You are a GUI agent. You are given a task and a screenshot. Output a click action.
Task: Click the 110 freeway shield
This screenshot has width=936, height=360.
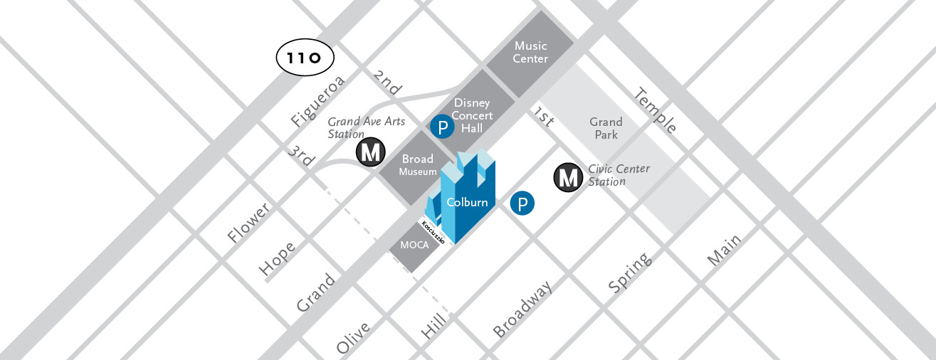tap(305, 58)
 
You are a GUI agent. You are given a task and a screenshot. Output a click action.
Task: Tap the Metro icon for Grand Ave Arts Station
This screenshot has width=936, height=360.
tap(370, 152)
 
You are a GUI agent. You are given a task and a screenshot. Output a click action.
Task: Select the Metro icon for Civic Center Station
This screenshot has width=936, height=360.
tap(568, 177)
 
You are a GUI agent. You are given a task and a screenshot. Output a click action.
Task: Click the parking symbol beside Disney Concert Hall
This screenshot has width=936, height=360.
tap(443, 128)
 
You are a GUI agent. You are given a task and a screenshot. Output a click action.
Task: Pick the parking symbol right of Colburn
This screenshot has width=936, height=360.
tap(522, 204)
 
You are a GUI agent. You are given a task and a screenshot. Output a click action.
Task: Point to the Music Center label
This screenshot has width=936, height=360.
tap(530, 52)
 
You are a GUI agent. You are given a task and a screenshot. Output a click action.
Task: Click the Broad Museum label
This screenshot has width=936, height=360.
tap(418, 165)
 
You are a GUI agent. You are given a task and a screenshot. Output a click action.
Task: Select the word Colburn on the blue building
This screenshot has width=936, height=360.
tap(467, 202)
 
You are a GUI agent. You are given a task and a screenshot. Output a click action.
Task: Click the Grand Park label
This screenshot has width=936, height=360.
tap(606, 128)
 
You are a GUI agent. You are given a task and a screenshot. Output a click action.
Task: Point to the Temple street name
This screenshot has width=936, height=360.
tap(656, 110)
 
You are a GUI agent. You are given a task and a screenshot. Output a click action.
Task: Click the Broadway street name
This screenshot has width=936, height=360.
tap(522, 310)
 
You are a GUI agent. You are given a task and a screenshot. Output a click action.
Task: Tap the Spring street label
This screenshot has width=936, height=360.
tap(629, 273)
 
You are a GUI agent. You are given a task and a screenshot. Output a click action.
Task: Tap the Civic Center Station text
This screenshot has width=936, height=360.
tap(618, 175)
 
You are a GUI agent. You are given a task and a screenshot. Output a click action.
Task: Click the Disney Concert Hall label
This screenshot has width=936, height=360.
tap(472, 115)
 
